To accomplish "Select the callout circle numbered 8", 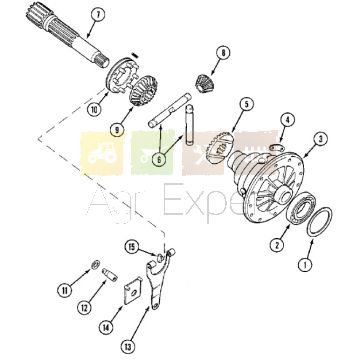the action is (222, 53).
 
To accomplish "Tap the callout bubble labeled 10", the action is (95, 109).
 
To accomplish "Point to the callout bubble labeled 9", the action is (116, 131).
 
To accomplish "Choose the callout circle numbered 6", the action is (159, 160).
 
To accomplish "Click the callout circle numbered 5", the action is (246, 104).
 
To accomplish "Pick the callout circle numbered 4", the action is (287, 120).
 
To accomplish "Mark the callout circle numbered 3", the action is (320, 139).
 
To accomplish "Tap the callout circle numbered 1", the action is (305, 265).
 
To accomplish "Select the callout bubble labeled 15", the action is (132, 247).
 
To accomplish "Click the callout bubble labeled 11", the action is (64, 290).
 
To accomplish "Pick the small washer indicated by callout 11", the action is (95, 265).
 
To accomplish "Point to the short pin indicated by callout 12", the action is (109, 275).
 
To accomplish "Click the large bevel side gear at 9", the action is (143, 90).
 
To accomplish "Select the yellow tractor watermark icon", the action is (102, 154).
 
